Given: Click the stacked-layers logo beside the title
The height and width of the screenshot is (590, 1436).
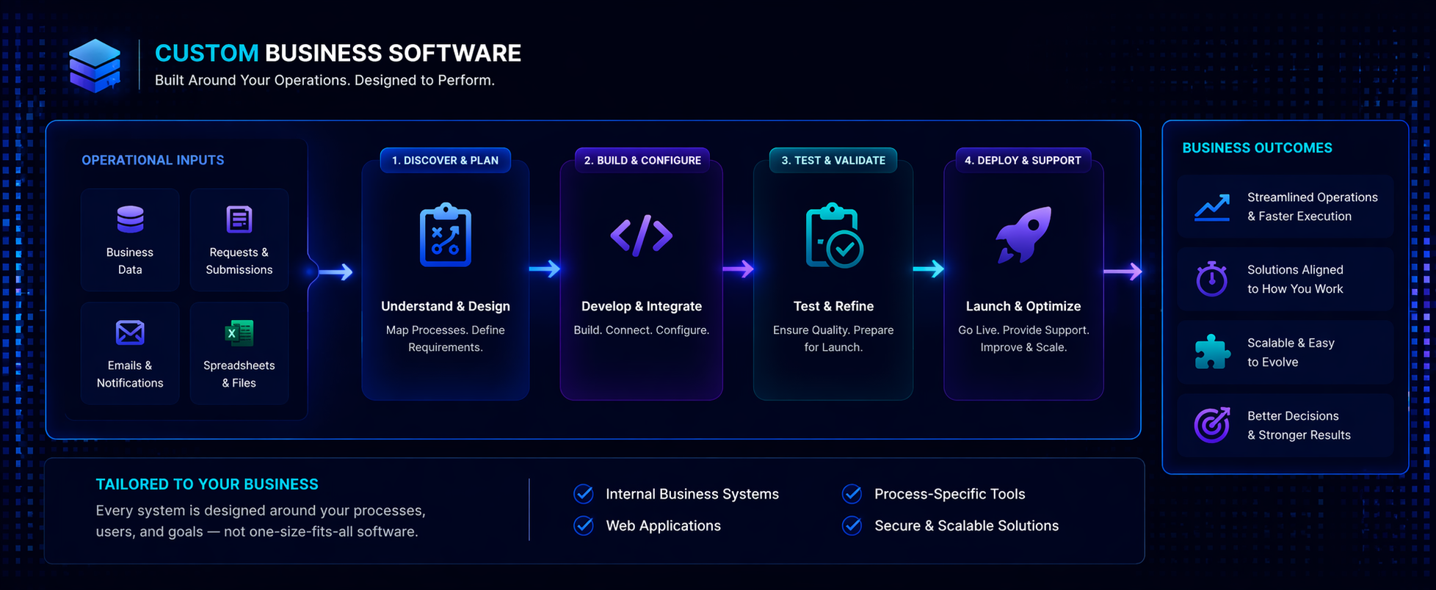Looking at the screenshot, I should pos(95,66).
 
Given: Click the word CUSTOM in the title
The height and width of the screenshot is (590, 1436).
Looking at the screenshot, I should pos(206,54).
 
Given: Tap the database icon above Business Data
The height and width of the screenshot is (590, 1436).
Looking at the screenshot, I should pos(130,219).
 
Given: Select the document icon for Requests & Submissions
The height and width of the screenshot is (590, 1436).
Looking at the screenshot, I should pos(239,219).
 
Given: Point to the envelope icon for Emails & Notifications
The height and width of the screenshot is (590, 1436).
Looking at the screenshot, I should pos(130,332).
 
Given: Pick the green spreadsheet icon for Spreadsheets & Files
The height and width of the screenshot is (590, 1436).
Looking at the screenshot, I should pos(239,333).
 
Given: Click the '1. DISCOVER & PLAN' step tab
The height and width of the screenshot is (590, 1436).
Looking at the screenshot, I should pos(445,160).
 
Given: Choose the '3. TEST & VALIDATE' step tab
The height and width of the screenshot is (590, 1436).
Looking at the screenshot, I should pos(833,160).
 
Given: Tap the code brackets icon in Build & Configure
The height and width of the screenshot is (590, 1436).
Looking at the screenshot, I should pos(642,236).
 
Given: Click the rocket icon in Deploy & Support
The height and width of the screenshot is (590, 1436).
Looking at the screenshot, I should pos(1023,234).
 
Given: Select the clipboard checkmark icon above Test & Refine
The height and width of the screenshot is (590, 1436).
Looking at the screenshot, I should pos(834,236).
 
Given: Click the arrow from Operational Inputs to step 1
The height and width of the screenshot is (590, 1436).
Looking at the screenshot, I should pos(336,272).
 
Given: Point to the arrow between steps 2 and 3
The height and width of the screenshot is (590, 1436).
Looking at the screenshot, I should pos(738,269).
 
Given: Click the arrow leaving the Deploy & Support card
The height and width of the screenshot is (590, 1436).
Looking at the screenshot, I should pos(1123,272).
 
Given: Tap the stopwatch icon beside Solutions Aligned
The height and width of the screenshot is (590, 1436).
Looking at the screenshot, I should pos(1211,279).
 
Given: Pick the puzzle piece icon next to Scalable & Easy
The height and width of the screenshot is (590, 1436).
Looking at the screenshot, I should pos(1211,352).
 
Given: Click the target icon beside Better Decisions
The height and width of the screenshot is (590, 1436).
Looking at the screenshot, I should pos(1211,425).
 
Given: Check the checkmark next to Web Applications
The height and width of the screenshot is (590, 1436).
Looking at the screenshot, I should pos(584,525).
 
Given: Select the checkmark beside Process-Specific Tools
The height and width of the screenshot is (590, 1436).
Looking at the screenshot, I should pos(852,494).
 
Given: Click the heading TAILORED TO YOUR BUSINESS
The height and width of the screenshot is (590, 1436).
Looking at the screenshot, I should pos(207,484).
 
